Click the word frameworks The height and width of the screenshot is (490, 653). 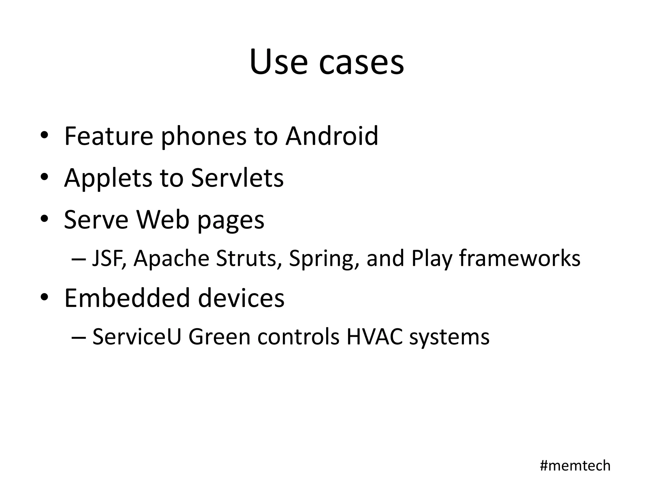520,258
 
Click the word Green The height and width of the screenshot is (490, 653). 219,337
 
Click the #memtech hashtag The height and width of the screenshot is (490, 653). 575,465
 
